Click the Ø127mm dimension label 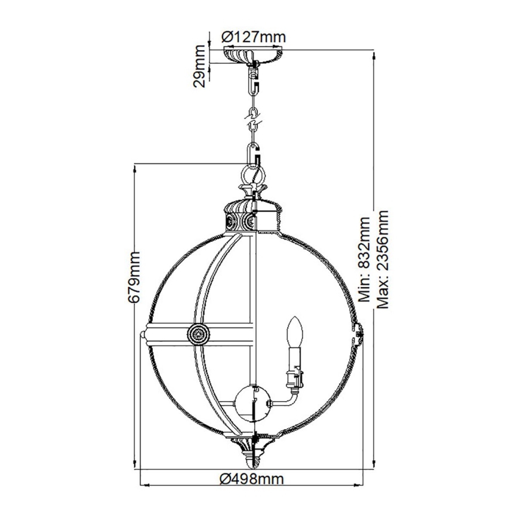(x=254, y=36)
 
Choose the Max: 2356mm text (x=383, y=261)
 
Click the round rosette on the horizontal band (x=198, y=334)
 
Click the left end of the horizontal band (x=147, y=334)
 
